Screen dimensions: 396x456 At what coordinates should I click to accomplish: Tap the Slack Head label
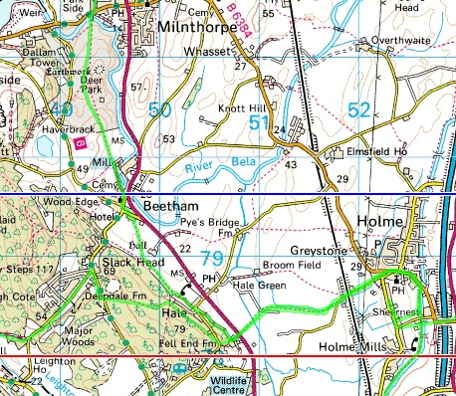coord(126,263)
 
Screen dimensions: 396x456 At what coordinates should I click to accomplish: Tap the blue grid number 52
coord(361,111)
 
